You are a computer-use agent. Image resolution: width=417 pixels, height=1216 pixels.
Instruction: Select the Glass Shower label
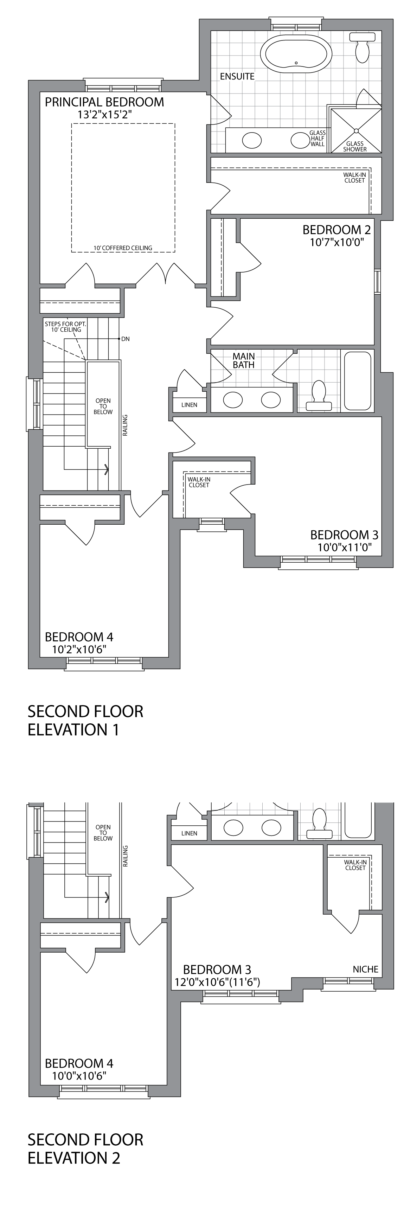tap(355, 146)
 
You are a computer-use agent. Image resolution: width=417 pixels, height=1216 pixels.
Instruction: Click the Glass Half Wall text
tap(317, 138)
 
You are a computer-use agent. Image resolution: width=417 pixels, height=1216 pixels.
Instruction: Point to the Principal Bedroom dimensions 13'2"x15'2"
tap(104, 114)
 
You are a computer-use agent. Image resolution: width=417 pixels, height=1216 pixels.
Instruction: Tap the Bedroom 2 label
tap(336, 230)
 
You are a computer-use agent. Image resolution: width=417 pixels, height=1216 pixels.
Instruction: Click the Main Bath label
tap(243, 361)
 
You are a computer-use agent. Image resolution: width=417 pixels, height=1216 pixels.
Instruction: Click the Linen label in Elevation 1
tap(189, 404)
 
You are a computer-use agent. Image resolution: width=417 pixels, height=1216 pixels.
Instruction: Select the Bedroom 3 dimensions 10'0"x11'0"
tap(344, 548)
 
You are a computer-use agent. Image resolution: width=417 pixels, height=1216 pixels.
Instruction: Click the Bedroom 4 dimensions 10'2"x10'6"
tap(79, 649)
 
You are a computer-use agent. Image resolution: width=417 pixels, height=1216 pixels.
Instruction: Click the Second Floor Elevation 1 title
tap(85, 720)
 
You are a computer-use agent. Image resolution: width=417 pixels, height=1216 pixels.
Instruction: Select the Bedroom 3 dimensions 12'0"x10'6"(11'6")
tap(217, 982)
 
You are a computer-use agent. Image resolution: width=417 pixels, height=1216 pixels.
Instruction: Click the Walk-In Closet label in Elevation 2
tap(355, 865)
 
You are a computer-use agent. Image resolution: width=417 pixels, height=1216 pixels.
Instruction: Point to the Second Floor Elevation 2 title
tap(85, 1148)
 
